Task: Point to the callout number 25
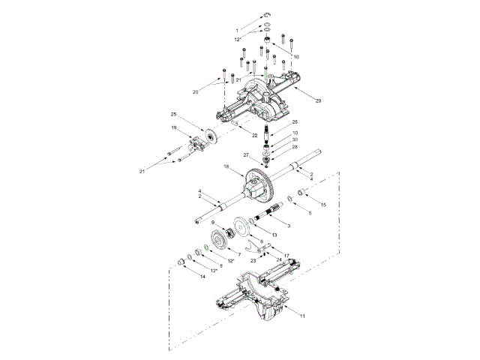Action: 173,115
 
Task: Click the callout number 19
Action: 173,128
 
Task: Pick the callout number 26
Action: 295,122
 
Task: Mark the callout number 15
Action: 324,204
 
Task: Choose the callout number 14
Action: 202,277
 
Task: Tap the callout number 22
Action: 254,135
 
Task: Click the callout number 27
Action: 246,155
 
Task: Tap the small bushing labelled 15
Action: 301,196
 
